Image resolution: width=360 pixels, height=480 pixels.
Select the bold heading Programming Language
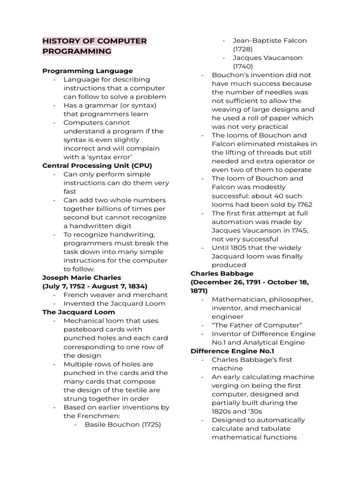pyautogui.click(x=88, y=71)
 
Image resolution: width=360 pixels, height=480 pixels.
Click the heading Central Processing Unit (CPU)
pyautogui.click(x=97, y=165)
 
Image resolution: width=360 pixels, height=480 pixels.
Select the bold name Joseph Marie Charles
pyautogui.click(x=82, y=277)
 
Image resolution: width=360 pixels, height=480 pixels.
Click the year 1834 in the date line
pyautogui.click(x=136, y=286)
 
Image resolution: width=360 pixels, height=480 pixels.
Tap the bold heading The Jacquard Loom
pyautogui.click(x=78, y=312)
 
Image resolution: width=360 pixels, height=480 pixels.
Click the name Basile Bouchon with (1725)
pyautogui.click(x=123, y=424)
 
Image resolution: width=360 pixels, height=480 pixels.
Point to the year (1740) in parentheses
pyautogui.click(x=243, y=67)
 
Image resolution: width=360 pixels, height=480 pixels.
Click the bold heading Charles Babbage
pyautogui.click(x=222, y=273)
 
